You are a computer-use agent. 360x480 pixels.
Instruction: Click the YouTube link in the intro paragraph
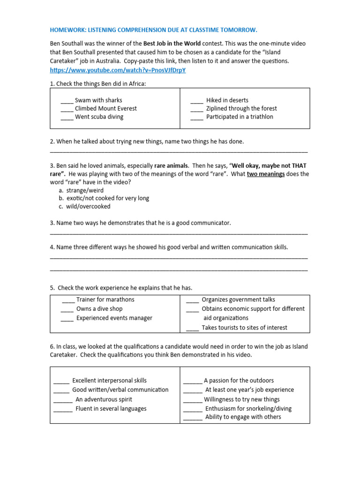pyautogui.click(x=118, y=70)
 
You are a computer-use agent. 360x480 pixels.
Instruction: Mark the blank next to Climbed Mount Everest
pyautogui.click(x=67, y=109)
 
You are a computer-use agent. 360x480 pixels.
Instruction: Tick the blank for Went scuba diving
pyautogui.click(x=67, y=118)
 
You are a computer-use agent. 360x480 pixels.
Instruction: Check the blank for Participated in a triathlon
pyautogui.click(x=197, y=118)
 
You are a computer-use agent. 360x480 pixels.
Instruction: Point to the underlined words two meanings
pyautogui.click(x=266, y=174)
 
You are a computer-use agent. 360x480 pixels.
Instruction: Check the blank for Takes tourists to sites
pyautogui.click(x=192, y=329)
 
